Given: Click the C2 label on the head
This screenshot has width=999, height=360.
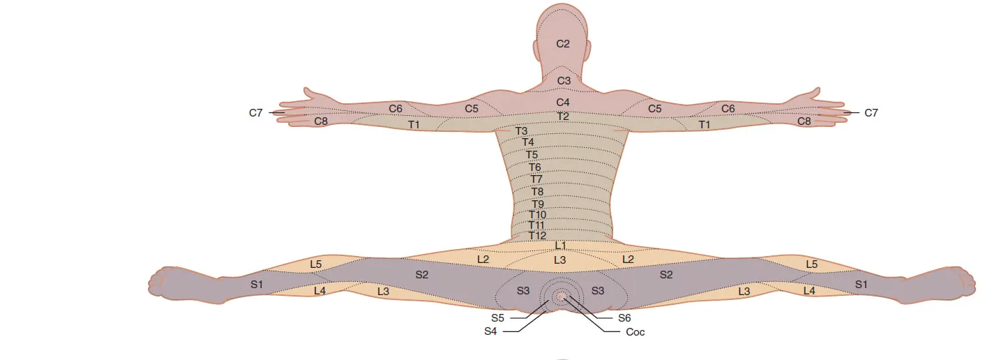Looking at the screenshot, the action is coord(563,44).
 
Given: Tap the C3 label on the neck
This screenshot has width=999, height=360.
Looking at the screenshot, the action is coord(563,81).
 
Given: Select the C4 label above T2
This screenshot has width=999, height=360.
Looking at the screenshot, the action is coord(563,103).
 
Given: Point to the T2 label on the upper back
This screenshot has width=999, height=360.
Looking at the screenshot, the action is coord(563,116).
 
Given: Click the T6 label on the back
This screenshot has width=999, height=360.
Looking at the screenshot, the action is coord(534,167).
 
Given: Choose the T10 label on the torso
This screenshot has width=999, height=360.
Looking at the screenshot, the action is coord(537,215).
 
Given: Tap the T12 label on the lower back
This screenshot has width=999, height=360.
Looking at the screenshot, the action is coord(537,236).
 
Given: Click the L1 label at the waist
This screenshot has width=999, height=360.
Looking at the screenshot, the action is coord(561,246).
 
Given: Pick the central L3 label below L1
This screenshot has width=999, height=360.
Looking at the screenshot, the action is coord(560,260).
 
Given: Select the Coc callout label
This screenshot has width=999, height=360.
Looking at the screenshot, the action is coord(636,332).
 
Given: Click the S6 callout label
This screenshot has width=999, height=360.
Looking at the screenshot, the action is coord(624,317).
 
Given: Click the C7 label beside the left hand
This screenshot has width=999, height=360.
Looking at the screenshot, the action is coord(256,112).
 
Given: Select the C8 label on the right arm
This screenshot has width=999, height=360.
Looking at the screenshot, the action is coord(804,121).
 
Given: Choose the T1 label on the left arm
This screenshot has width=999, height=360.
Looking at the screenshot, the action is coord(414,125).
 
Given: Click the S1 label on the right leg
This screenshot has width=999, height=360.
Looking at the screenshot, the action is coord(862,284).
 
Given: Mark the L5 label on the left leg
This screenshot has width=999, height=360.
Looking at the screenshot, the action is coord(316,264).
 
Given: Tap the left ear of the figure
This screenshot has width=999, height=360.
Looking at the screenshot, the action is coord(535,49).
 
